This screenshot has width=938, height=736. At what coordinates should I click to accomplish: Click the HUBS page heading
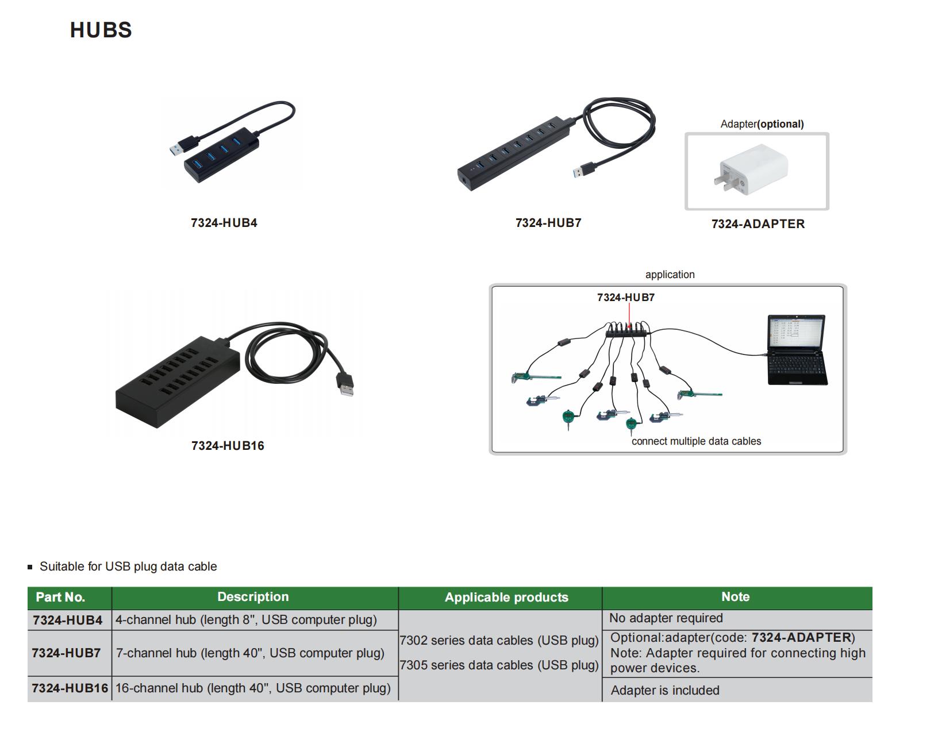[x=101, y=30]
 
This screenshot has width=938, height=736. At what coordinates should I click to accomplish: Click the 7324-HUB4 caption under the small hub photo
[x=224, y=222]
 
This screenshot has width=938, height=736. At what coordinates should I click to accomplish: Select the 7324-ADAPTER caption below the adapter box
[x=758, y=224]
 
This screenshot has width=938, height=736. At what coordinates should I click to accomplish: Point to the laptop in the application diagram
[x=797, y=349]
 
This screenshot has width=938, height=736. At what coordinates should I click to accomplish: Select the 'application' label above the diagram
[x=670, y=275]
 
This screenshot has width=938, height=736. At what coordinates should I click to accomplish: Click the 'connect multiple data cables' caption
[x=696, y=441]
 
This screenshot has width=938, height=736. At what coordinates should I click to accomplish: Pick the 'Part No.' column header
[x=60, y=597]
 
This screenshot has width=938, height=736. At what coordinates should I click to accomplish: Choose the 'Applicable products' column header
[x=506, y=597]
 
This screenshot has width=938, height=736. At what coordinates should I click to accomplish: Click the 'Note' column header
[x=736, y=596]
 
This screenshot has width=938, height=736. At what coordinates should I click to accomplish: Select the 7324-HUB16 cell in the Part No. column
[x=70, y=688]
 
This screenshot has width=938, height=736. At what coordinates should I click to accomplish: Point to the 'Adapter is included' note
[x=665, y=690]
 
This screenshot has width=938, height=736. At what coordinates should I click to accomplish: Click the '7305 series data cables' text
[x=499, y=665]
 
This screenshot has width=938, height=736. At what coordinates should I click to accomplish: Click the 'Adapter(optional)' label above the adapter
[x=762, y=124]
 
